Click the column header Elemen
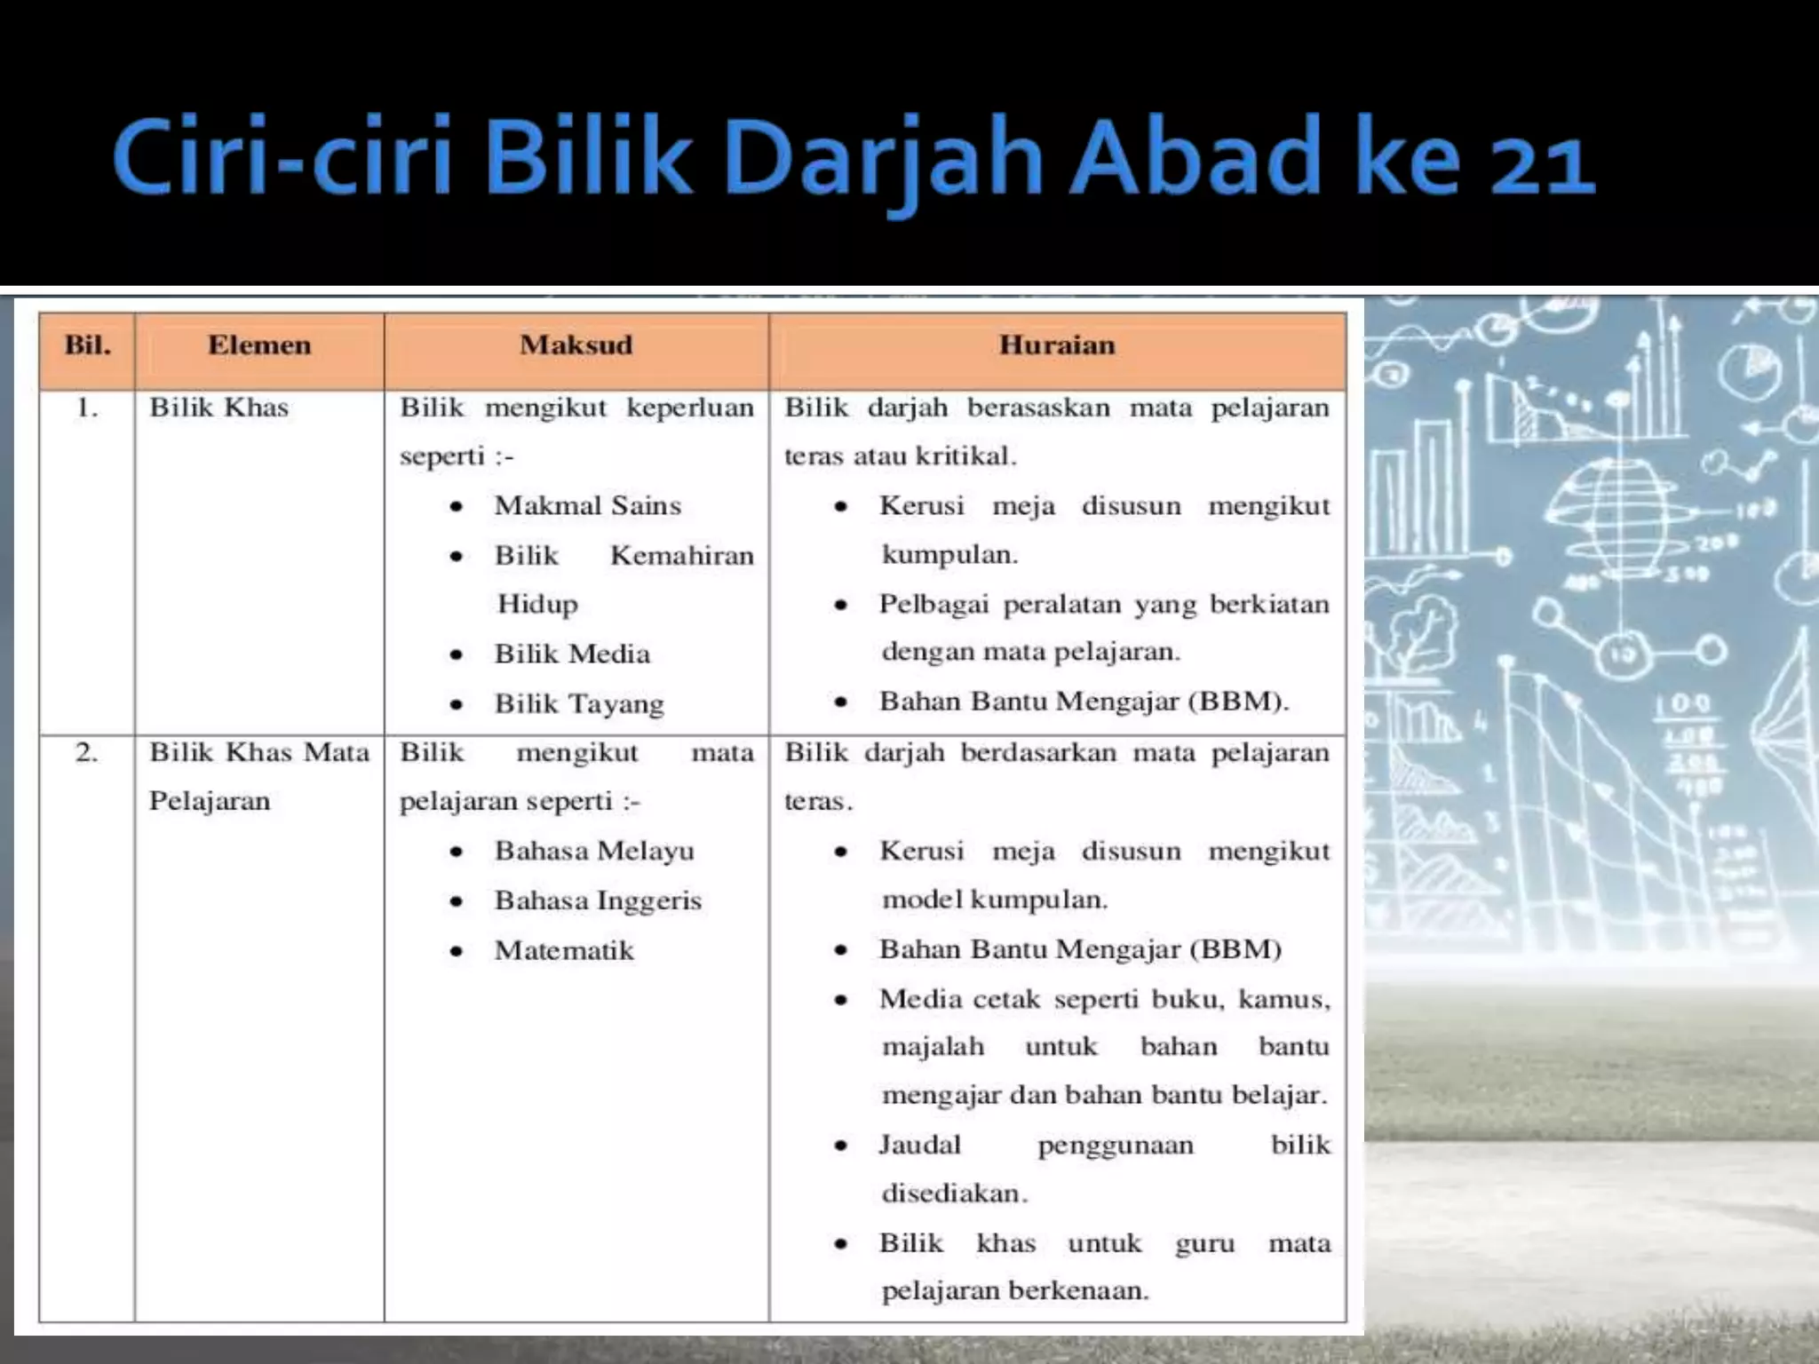pyautogui.click(x=259, y=345)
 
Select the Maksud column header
pyautogui.click(x=576, y=345)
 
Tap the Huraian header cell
pyautogui.click(x=1057, y=345)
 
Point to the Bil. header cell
pyautogui.click(x=87, y=345)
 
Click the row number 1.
pyautogui.click(x=86, y=408)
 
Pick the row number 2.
pyautogui.click(x=86, y=753)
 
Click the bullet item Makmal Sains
pyautogui.click(x=587, y=506)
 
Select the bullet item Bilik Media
pyautogui.click(x=572, y=654)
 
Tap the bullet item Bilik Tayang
pyautogui.click(x=579, y=704)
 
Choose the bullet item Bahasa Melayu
pyautogui.click(x=594, y=852)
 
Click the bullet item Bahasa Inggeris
pyautogui.click(x=598, y=901)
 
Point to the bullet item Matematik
pyautogui.click(x=564, y=951)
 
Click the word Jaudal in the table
pyautogui.click(x=919, y=1145)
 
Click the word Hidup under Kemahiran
pyautogui.click(x=537, y=605)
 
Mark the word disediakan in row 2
pyautogui.click(x=954, y=1193)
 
